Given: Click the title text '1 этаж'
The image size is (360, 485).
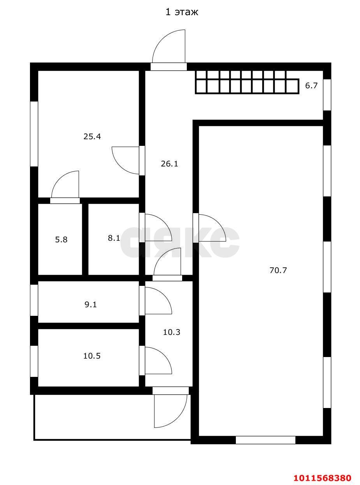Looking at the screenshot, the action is coord(182,12).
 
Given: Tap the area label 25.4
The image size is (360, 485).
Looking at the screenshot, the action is coord(92,137).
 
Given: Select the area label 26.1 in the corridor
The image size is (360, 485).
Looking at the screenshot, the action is coord(169,164).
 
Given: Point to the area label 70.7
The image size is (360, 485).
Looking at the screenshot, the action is coord(278,270).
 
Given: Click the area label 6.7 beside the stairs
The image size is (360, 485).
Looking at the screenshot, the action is coord(311,86).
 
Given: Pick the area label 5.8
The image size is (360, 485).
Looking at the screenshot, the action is coord(61,240).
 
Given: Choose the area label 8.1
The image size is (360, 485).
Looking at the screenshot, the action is coord(114,238).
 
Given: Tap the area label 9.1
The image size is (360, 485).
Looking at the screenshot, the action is coord(91,305).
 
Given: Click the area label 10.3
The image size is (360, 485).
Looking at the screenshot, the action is coord(172,332).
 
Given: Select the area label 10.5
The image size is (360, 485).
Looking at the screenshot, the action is coord(92,356).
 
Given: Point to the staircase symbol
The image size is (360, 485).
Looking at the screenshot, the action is coord(247,82).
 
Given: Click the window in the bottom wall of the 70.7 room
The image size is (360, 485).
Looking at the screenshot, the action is coord(265,440).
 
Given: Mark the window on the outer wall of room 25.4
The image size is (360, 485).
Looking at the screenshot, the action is coord(34,134).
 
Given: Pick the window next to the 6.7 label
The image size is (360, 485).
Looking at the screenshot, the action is coord(327,95).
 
